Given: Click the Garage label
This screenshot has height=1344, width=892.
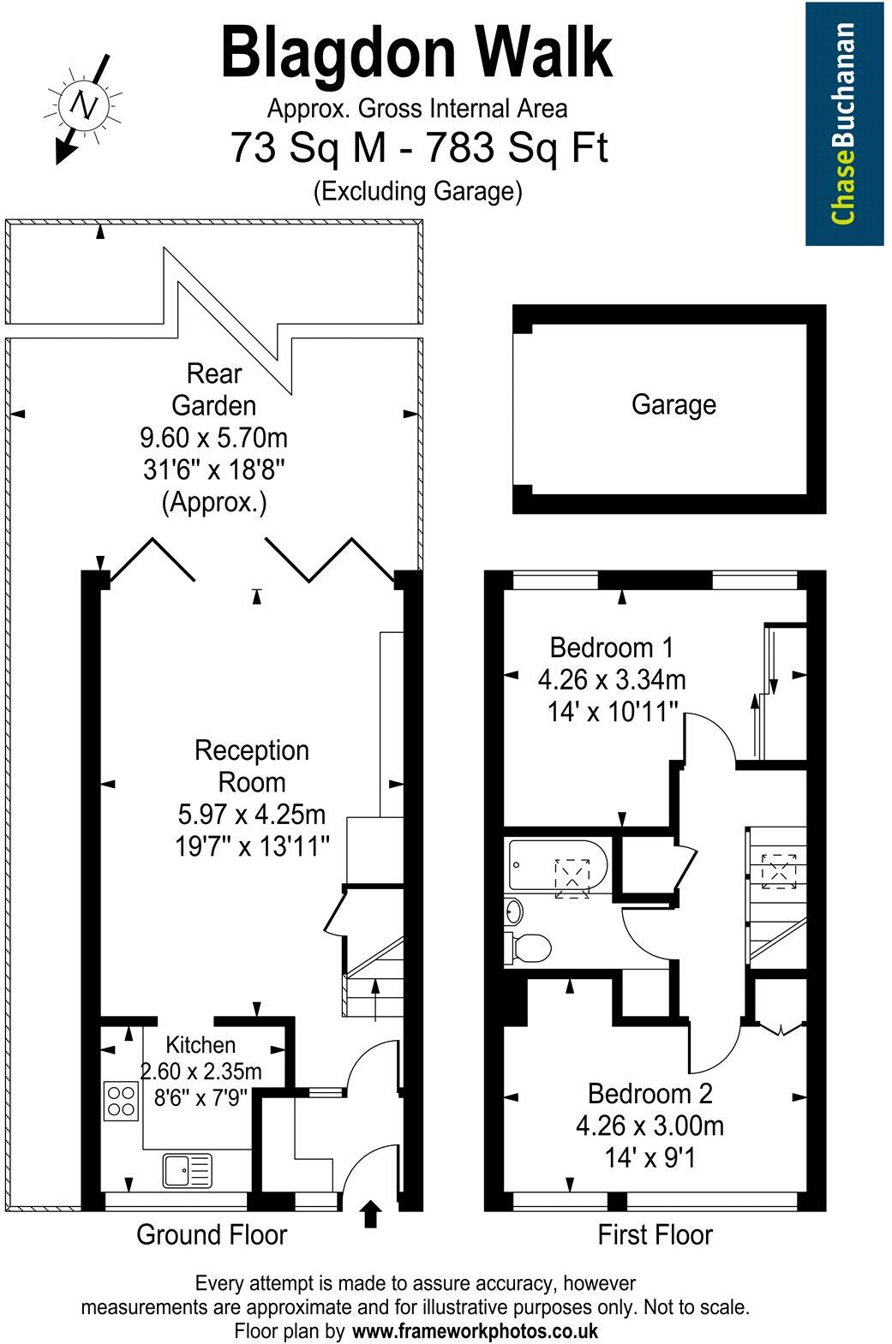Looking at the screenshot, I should (673, 404).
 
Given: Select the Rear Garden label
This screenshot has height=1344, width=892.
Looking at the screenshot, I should (214, 389).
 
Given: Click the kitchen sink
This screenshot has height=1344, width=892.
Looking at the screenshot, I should (187, 1170).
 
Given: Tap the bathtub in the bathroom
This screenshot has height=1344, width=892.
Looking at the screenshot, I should (557, 867).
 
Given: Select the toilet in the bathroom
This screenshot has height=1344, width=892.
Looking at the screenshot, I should (531, 948).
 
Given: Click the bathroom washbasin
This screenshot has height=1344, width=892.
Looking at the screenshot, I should (513, 910).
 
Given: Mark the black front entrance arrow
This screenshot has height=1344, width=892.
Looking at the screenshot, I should (370, 1214).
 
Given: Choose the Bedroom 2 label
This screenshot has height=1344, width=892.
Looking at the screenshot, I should (650, 1093).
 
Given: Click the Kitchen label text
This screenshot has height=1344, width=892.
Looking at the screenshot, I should (201, 1044).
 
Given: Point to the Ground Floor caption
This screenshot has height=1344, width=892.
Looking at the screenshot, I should (212, 1234).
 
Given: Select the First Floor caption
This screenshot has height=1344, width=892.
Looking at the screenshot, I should (655, 1234).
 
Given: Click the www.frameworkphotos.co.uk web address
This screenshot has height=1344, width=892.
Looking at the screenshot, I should (476, 1331).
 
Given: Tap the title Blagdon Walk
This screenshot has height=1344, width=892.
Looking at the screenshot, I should (417, 54).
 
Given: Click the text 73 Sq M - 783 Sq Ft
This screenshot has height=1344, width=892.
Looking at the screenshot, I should (418, 148).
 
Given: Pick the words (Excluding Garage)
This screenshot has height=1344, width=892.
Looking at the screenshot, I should (418, 190).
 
